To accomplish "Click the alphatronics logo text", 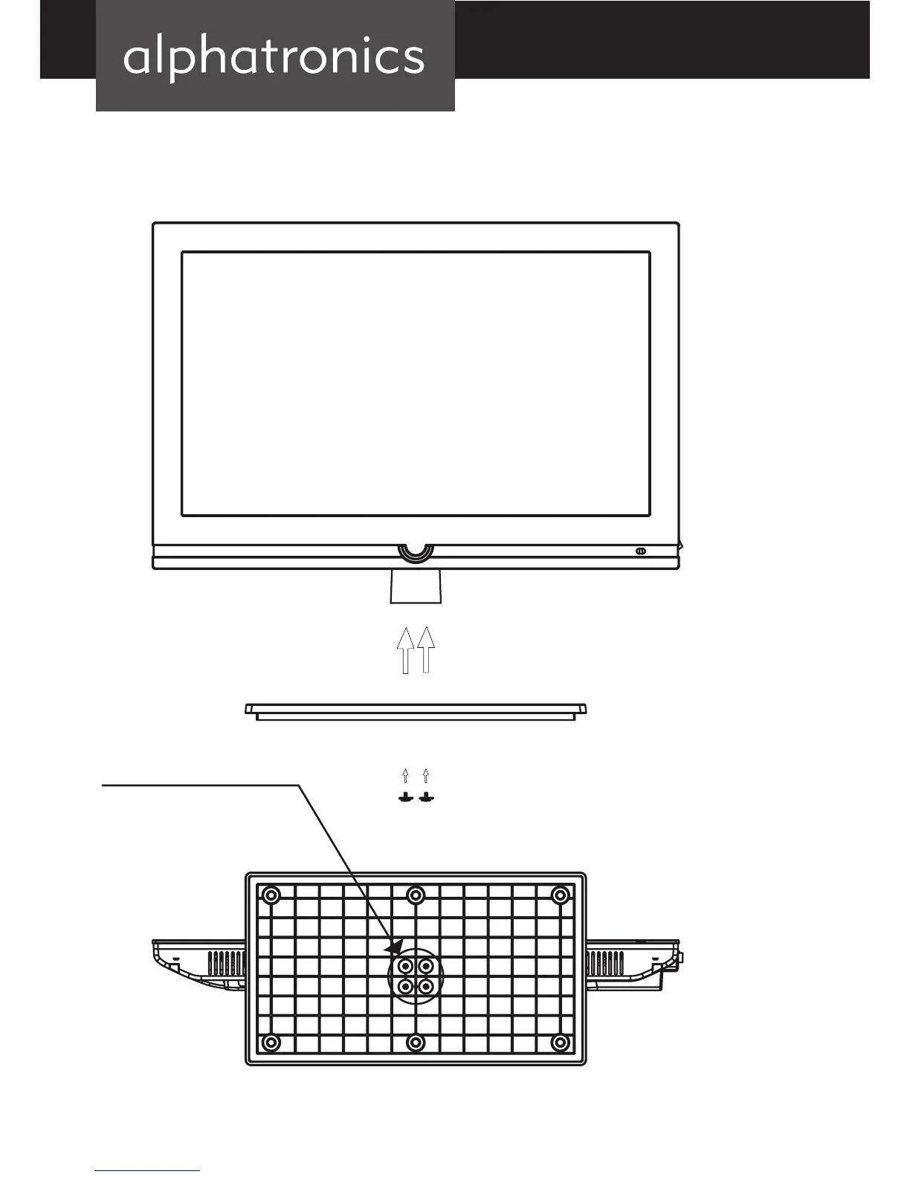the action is (274, 56).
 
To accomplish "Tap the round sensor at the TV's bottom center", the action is (416, 551).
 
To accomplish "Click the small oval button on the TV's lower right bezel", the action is (640, 551).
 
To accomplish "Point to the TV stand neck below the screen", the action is (416, 587).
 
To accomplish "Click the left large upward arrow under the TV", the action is (405, 649).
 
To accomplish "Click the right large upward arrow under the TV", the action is (426, 649).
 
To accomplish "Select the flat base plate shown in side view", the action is (416, 711).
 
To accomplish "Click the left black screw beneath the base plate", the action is (405, 797).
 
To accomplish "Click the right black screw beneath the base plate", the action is (426, 797).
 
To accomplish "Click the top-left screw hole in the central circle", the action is (405, 967).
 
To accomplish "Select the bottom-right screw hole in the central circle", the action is (426, 987).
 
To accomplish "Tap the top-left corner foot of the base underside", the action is (271, 894).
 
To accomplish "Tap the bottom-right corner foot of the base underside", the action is (560, 1043).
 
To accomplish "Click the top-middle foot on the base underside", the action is (416, 894).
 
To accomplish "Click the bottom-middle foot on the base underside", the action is (416, 1043).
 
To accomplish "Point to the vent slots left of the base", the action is (226, 964).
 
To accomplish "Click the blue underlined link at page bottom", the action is (147, 1170).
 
